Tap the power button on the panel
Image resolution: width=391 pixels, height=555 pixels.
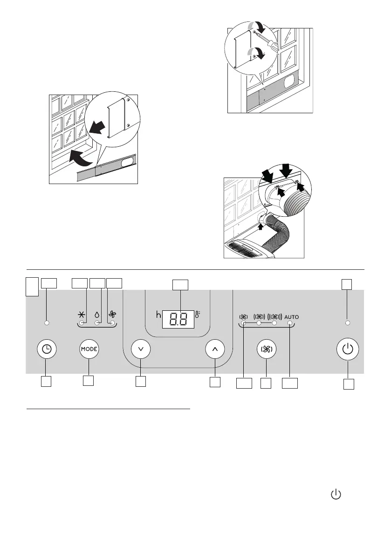click(x=348, y=349)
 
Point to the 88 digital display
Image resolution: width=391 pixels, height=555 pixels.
click(x=178, y=320)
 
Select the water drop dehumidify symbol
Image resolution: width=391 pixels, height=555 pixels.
click(x=97, y=315)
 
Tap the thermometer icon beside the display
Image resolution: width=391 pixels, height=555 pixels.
click(x=198, y=315)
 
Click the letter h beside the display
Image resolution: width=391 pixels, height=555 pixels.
click(x=158, y=315)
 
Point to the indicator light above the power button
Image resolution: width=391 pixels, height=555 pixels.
click(x=348, y=323)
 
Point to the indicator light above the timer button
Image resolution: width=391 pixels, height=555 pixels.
click(x=47, y=323)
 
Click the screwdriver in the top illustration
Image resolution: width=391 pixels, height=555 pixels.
click(x=268, y=41)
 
